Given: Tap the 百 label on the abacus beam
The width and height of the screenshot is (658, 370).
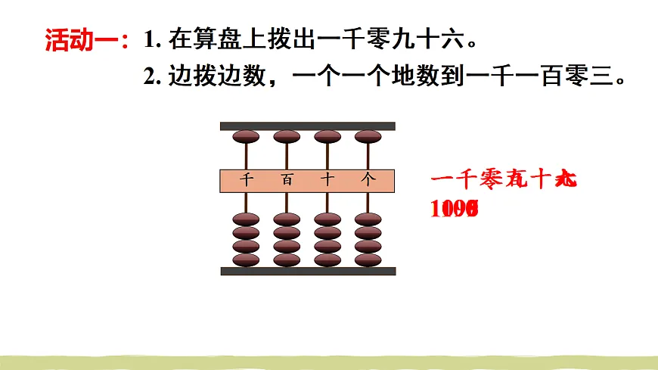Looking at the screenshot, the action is pyautogui.click(x=287, y=180).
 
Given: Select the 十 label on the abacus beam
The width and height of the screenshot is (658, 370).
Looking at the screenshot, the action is pyautogui.click(x=327, y=180).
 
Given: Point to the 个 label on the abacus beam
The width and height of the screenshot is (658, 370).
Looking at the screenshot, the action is pyautogui.click(x=368, y=180).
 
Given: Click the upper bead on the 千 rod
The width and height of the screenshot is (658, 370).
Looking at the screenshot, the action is pyautogui.click(x=246, y=137).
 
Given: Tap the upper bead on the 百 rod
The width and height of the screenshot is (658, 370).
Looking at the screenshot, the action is pyautogui.click(x=287, y=137).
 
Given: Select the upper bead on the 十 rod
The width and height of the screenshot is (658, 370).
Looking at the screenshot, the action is pyautogui.click(x=327, y=137).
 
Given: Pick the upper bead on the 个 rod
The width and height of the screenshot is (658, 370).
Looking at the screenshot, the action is pyautogui.click(x=368, y=137).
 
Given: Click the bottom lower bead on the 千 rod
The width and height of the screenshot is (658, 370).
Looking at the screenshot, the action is pyautogui.click(x=246, y=260).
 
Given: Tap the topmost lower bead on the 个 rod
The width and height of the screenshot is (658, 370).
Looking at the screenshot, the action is pyautogui.click(x=368, y=220).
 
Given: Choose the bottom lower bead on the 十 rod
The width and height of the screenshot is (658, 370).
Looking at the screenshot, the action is pyautogui.click(x=327, y=260).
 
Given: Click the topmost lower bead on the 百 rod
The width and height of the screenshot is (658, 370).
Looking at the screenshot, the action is pyautogui.click(x=287, y=220).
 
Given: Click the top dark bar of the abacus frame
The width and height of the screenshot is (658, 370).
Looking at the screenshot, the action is pyautogui.click(x=307, y=126).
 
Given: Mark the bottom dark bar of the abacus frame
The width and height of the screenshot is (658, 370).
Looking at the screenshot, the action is pyautogui.click(x=307, y=271).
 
